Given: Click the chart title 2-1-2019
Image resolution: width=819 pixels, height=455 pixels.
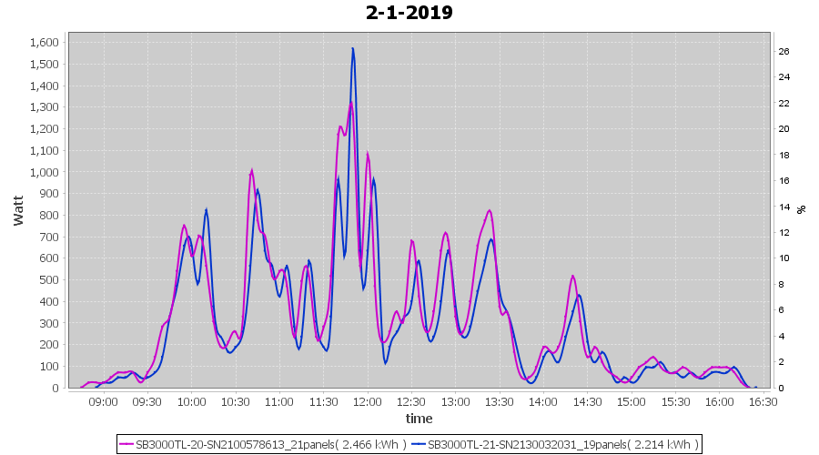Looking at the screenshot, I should pyautogui.click(x=409, y=13).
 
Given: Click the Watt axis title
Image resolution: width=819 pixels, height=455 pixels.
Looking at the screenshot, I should pyautogui.click(x=18, y=209).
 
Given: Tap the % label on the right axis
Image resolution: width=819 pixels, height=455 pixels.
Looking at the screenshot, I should pyautogui.click(x=801, y=209).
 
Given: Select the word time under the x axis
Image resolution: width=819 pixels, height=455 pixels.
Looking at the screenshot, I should pyautogui.click(x=419, y=419).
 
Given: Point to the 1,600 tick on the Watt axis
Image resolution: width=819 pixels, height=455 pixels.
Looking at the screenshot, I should pyautogui.click(x=44, y=43).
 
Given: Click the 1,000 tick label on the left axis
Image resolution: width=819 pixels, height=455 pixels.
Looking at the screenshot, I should pyautogui.click(x=44, y=172).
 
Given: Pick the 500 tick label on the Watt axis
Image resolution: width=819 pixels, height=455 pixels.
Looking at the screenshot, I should pyautogui.click(x=49, y=280).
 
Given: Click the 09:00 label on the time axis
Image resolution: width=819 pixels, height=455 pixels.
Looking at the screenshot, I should pyautogui.click(x=103, y=401).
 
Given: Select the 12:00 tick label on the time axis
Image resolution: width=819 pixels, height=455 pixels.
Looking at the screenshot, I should pyautogui.click(x=367, y=401).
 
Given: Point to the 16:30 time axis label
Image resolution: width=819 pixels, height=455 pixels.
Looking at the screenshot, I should pyautogui.click(x=763, y=401).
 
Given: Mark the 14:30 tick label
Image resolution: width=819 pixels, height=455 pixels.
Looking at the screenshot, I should pyautogui.click(x=587, y=401).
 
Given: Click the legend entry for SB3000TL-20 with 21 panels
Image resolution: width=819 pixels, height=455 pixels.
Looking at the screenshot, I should pyautogui.click(x=264, y=444).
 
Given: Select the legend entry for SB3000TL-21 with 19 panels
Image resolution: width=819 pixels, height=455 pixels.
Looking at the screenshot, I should pyautogui.click(x=555, y=444).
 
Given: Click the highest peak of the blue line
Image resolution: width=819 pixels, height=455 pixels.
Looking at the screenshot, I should pyautogui.click(x=352, y=48).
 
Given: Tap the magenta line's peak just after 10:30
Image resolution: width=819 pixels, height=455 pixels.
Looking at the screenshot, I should pyautogui.click(x=251, y=169).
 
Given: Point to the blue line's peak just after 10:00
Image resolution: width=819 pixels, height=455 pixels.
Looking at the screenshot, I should pyautogui.click(x=207, y=209).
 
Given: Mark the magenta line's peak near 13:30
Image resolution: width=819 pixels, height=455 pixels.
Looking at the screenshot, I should pyautogui.click(x=490, y=210).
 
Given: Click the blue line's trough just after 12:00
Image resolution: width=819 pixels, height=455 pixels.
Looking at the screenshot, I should pyautogui.click(x=385, y=363).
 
